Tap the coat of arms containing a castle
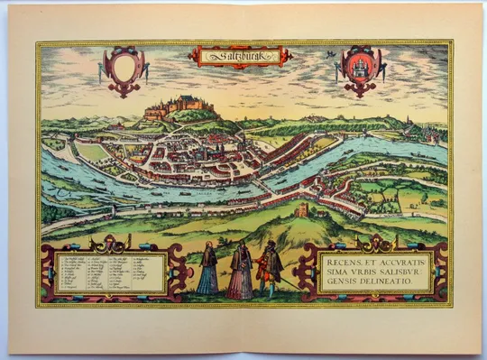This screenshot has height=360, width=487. tap(359, 68)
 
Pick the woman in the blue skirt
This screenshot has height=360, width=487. tap(207, 274)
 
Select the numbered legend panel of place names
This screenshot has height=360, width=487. tap(111, 273)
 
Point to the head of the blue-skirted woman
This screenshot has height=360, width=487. tap(207, 245)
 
